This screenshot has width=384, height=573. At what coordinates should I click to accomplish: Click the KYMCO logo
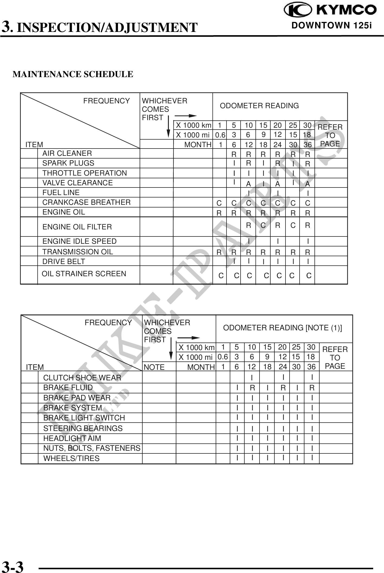point(330,10)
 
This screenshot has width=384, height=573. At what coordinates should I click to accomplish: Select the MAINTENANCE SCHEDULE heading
point(73,74)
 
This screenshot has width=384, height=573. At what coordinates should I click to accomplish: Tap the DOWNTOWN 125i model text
point(332,25)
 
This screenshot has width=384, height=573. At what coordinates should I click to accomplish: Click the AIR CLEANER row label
point(67,153)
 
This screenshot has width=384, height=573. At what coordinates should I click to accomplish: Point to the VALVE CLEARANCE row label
point(77,183)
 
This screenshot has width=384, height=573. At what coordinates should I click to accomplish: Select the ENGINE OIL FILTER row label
point(77,227)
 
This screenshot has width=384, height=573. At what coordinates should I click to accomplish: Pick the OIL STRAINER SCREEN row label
point(84,274)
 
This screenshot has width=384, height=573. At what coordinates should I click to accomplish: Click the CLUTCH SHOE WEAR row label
point(82,378)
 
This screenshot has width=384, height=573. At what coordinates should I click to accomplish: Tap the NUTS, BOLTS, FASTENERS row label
point(92,448)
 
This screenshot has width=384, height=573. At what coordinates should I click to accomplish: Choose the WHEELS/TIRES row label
point(71,459)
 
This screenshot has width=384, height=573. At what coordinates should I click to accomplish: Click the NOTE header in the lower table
point(154,367)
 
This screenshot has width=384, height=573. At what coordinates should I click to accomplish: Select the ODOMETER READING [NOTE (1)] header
point(283,328)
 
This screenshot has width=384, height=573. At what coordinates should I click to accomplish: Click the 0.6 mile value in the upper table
point(220,135)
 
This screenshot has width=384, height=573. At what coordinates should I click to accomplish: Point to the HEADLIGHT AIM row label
point(72,438)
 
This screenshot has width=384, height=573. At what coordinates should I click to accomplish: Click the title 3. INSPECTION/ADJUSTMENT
point(100,27)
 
